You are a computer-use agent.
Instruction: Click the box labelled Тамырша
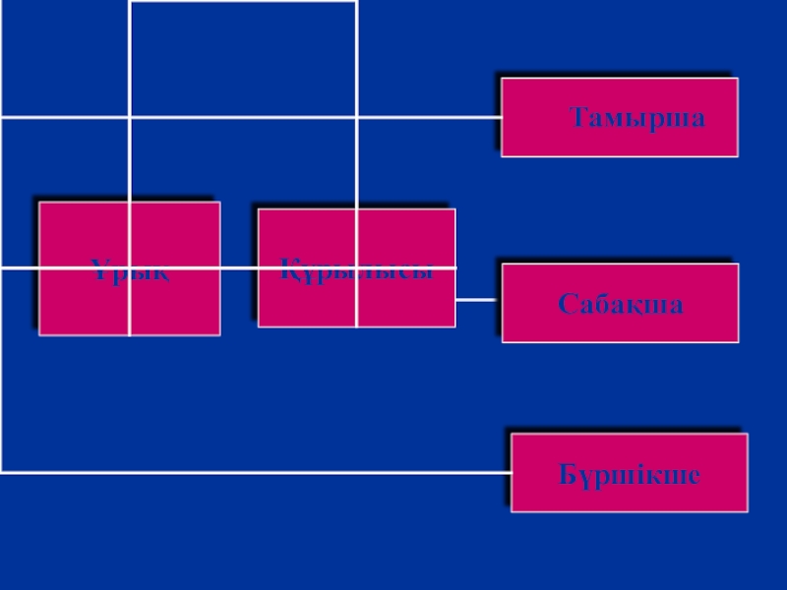[620, 118]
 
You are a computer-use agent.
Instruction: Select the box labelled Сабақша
[620, 303]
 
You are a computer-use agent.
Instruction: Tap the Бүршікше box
[630, 473]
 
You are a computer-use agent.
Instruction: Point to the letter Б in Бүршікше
[568, 476]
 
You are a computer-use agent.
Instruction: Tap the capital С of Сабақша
[567, 304]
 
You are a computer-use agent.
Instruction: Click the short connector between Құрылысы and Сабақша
[478, 299]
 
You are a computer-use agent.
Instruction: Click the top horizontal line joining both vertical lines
[243, 2]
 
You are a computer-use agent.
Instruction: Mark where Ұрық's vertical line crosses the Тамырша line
[130, 117]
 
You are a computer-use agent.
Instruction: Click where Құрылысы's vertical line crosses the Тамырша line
[356, 117]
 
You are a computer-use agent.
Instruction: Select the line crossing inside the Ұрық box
[130, 267]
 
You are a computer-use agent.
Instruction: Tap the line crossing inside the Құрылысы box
[356, 267]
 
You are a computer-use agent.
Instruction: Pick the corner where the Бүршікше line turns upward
[2, 472]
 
